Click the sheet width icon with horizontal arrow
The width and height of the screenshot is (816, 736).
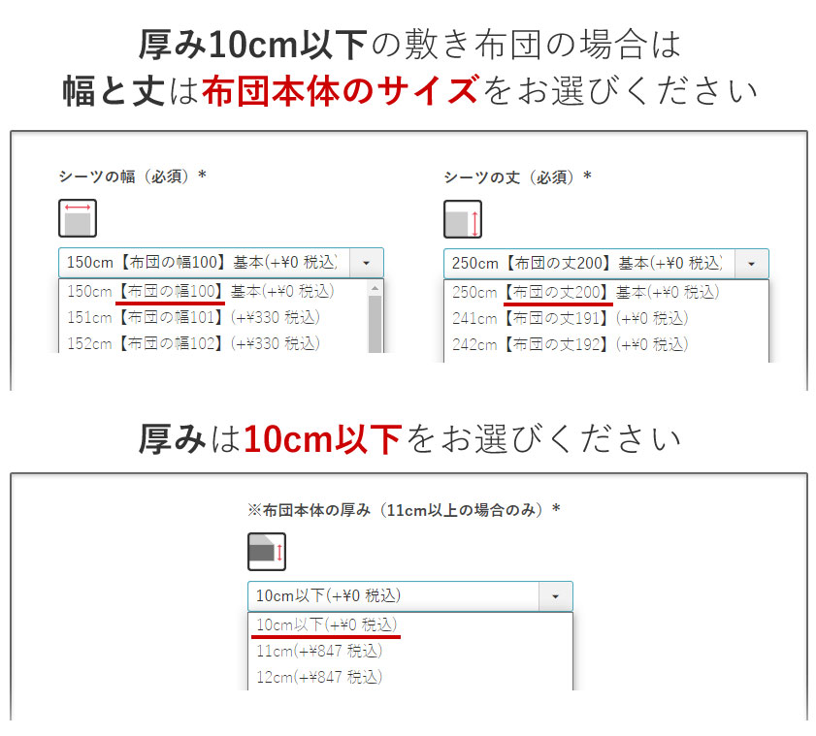[x=77, y=219]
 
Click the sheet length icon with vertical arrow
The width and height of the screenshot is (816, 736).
[x=462, y=219]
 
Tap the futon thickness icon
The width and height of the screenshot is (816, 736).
[x=266, y=552]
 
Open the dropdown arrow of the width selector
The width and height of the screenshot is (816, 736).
[x=367, y=263]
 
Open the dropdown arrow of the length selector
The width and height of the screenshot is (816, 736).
[x=751, y=263]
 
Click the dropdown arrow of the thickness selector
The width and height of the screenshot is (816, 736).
[x=556, y=595]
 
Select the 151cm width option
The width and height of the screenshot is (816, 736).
[x=193, y=317]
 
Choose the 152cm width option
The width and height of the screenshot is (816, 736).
[x=193, y=342]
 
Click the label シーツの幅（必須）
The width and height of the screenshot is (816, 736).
[x=132, y=176]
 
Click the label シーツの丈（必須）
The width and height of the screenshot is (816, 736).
[x=517, y=176]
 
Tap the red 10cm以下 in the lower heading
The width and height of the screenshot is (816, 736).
[x=322, y=440]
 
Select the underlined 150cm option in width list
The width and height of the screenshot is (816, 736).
[x=200, y=291]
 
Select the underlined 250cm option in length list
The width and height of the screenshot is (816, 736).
[x=585, y=291]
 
